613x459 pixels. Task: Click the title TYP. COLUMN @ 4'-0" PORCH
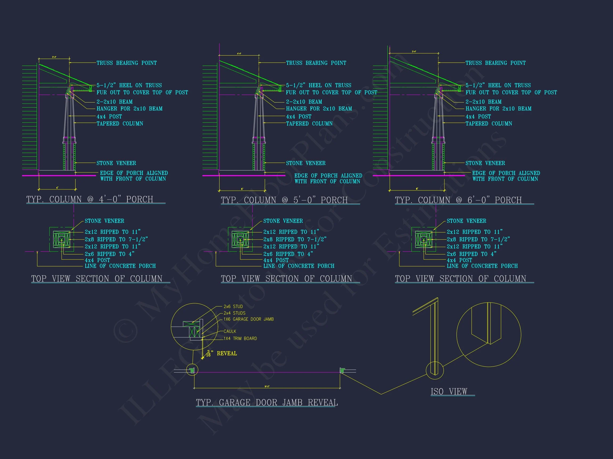pyautogui.click(x=90, y=199)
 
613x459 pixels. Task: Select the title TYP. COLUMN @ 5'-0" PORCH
pyautogui.click(x=284, y=200)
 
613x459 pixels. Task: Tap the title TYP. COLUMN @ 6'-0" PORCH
pyautogui.click(x=458, y=200)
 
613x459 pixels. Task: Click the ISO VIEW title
pyautogui.click(x=449, y=392)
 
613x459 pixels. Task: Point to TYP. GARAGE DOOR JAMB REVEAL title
pyautogui.click(x=267, y=403)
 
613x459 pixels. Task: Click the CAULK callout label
pyautogui.click(x=230, y=331)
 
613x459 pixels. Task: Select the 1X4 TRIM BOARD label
pyautogui.click(x=240, y=338)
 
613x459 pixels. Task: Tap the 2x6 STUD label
pyautogui.click(x=233, y=307)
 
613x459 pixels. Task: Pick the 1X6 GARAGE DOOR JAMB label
pyautogui.click(x=248, y=319)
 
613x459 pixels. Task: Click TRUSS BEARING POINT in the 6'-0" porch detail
pyautogui.click(x=495, y=63)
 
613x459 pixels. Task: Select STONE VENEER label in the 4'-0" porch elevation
pyautogui.click(x=116, y=163)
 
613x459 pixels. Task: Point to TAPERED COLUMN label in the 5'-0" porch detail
pyautogui.click(x=309, y=124)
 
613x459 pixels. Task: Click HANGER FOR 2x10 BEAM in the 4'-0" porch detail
pyautogui.click(x=129, y=109)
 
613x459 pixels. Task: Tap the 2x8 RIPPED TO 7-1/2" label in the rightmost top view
pyautogui.click(x=478, y=239)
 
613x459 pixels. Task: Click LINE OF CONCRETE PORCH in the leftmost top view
pyautogui.click(x=120, y=266)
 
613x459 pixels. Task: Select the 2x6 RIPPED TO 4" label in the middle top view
pyautogui.click(x=288, y=254)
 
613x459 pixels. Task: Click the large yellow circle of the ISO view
pyautogui.click(x=488, y=334)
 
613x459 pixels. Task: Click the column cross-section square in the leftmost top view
pyautogui.click(x=61, y=239)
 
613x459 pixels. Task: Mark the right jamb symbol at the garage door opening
pyautogui.click(x=342, y=371)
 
